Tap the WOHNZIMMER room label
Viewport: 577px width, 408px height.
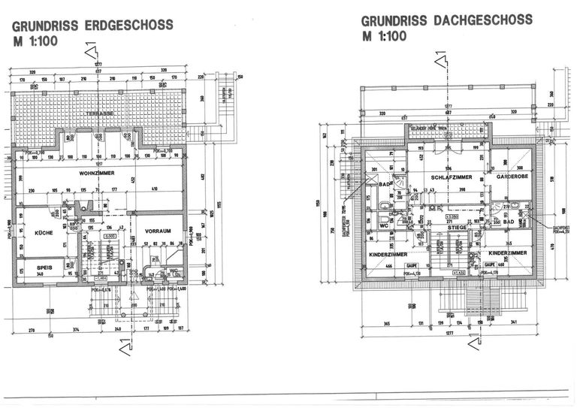[96, 173]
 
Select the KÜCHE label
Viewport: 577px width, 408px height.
[44, 233]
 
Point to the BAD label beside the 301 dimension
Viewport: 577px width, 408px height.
[384, 185]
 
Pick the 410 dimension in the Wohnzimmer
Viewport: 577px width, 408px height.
[153, 188]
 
